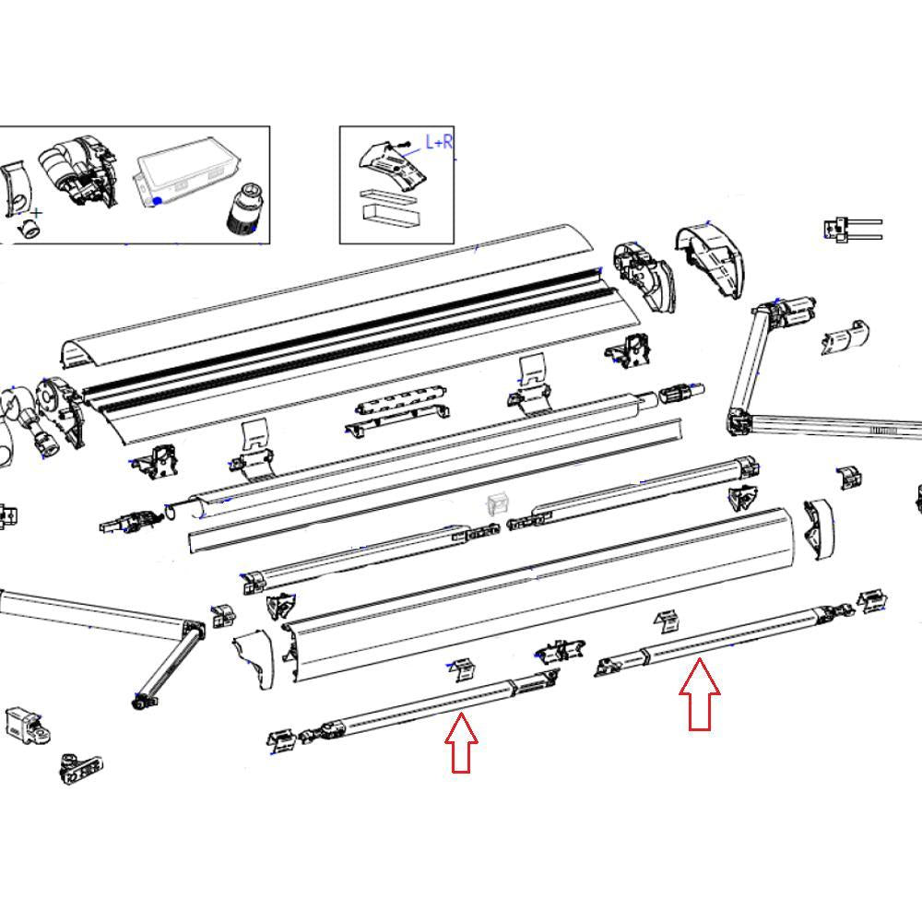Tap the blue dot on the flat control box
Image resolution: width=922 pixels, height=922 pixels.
click(x=159, y=200)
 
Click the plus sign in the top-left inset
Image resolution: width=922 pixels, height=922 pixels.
click(x=36, y=214)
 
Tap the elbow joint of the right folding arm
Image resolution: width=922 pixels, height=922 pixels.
click(x=739, y=421)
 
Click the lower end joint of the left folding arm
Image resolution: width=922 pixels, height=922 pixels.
click(x=141, y=702)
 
